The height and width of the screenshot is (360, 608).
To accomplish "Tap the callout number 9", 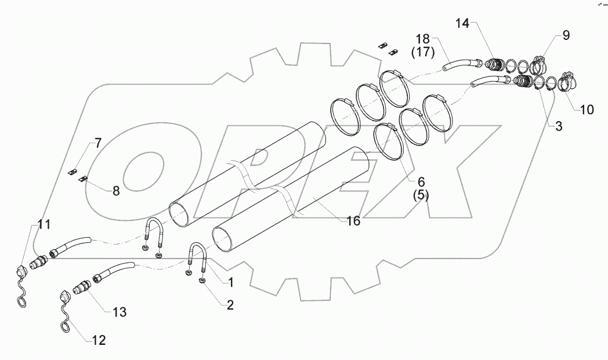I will pyautogui.click(x=565, y=35).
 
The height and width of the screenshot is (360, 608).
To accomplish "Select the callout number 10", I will pyautogui.click(x=587, y=109).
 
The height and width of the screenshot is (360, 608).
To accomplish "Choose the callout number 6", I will pyautogui.click(x=420, y=181).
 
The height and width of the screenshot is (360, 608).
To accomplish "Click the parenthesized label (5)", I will pyautogui.click(x=420, y=195).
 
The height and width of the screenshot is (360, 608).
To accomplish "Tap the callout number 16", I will pyautogui.click(x=353, y=221).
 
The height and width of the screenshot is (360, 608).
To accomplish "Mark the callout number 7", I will pyautogui.click(x=97, y=143).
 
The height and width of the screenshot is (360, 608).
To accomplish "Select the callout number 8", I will pyautogui.click(x=116, y=191).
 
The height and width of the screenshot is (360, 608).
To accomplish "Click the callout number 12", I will pyautogui.click(x=99, y=340).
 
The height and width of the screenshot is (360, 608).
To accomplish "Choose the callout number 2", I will pyautogui.click(x=230, y=305).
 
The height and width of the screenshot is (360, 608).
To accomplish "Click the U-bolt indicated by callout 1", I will pyautogui.click(x=197, y=254).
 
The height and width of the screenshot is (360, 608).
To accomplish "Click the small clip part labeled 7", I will pyautogui.click(x=74, y=171).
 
